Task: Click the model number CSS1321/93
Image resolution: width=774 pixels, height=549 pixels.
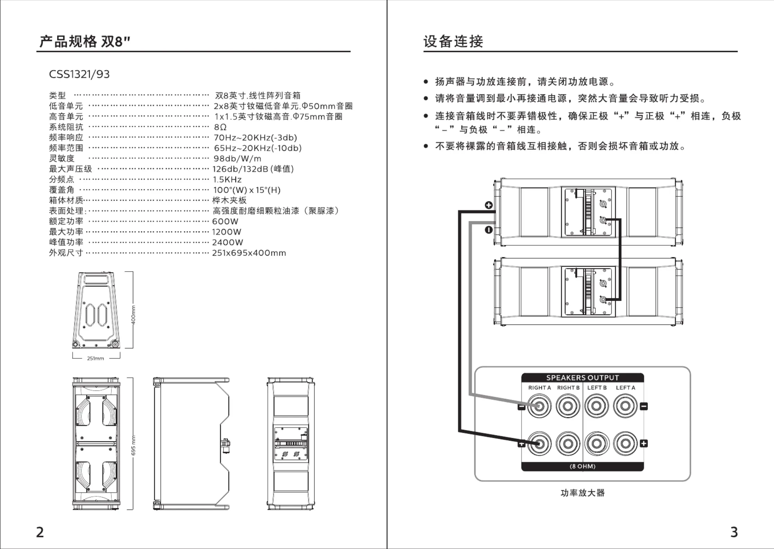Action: pos(79,74)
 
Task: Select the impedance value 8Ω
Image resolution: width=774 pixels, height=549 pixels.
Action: pos(220,127)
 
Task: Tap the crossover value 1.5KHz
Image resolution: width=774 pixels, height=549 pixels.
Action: pos(227,180)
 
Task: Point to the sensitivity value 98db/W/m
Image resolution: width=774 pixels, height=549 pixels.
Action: pos(237,158)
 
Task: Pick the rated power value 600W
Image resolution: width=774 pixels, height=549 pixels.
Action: pos(225,221)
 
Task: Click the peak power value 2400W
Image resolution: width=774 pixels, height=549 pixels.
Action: pos(228,243)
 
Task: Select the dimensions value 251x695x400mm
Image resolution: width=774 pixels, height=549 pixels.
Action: pos(249,253)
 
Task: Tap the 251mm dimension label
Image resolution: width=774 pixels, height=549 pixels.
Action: pos(95,358)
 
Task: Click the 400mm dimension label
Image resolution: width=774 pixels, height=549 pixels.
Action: pos(133,315)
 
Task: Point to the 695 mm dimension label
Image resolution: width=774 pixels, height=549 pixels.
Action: pos(133,446)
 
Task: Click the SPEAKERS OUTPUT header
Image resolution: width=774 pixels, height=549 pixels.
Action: pos(583,378)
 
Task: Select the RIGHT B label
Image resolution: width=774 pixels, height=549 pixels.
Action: pos(568,388)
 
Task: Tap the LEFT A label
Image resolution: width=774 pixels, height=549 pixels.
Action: pos(626,388)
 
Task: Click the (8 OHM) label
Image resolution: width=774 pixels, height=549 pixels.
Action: pos(583,466)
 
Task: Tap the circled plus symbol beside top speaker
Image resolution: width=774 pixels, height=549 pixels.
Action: pos(489,205)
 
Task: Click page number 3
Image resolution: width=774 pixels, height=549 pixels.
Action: pos(734,532)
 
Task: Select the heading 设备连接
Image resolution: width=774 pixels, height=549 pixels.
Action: pos(453,42)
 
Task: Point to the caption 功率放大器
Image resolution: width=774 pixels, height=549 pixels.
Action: pos(583,493)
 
